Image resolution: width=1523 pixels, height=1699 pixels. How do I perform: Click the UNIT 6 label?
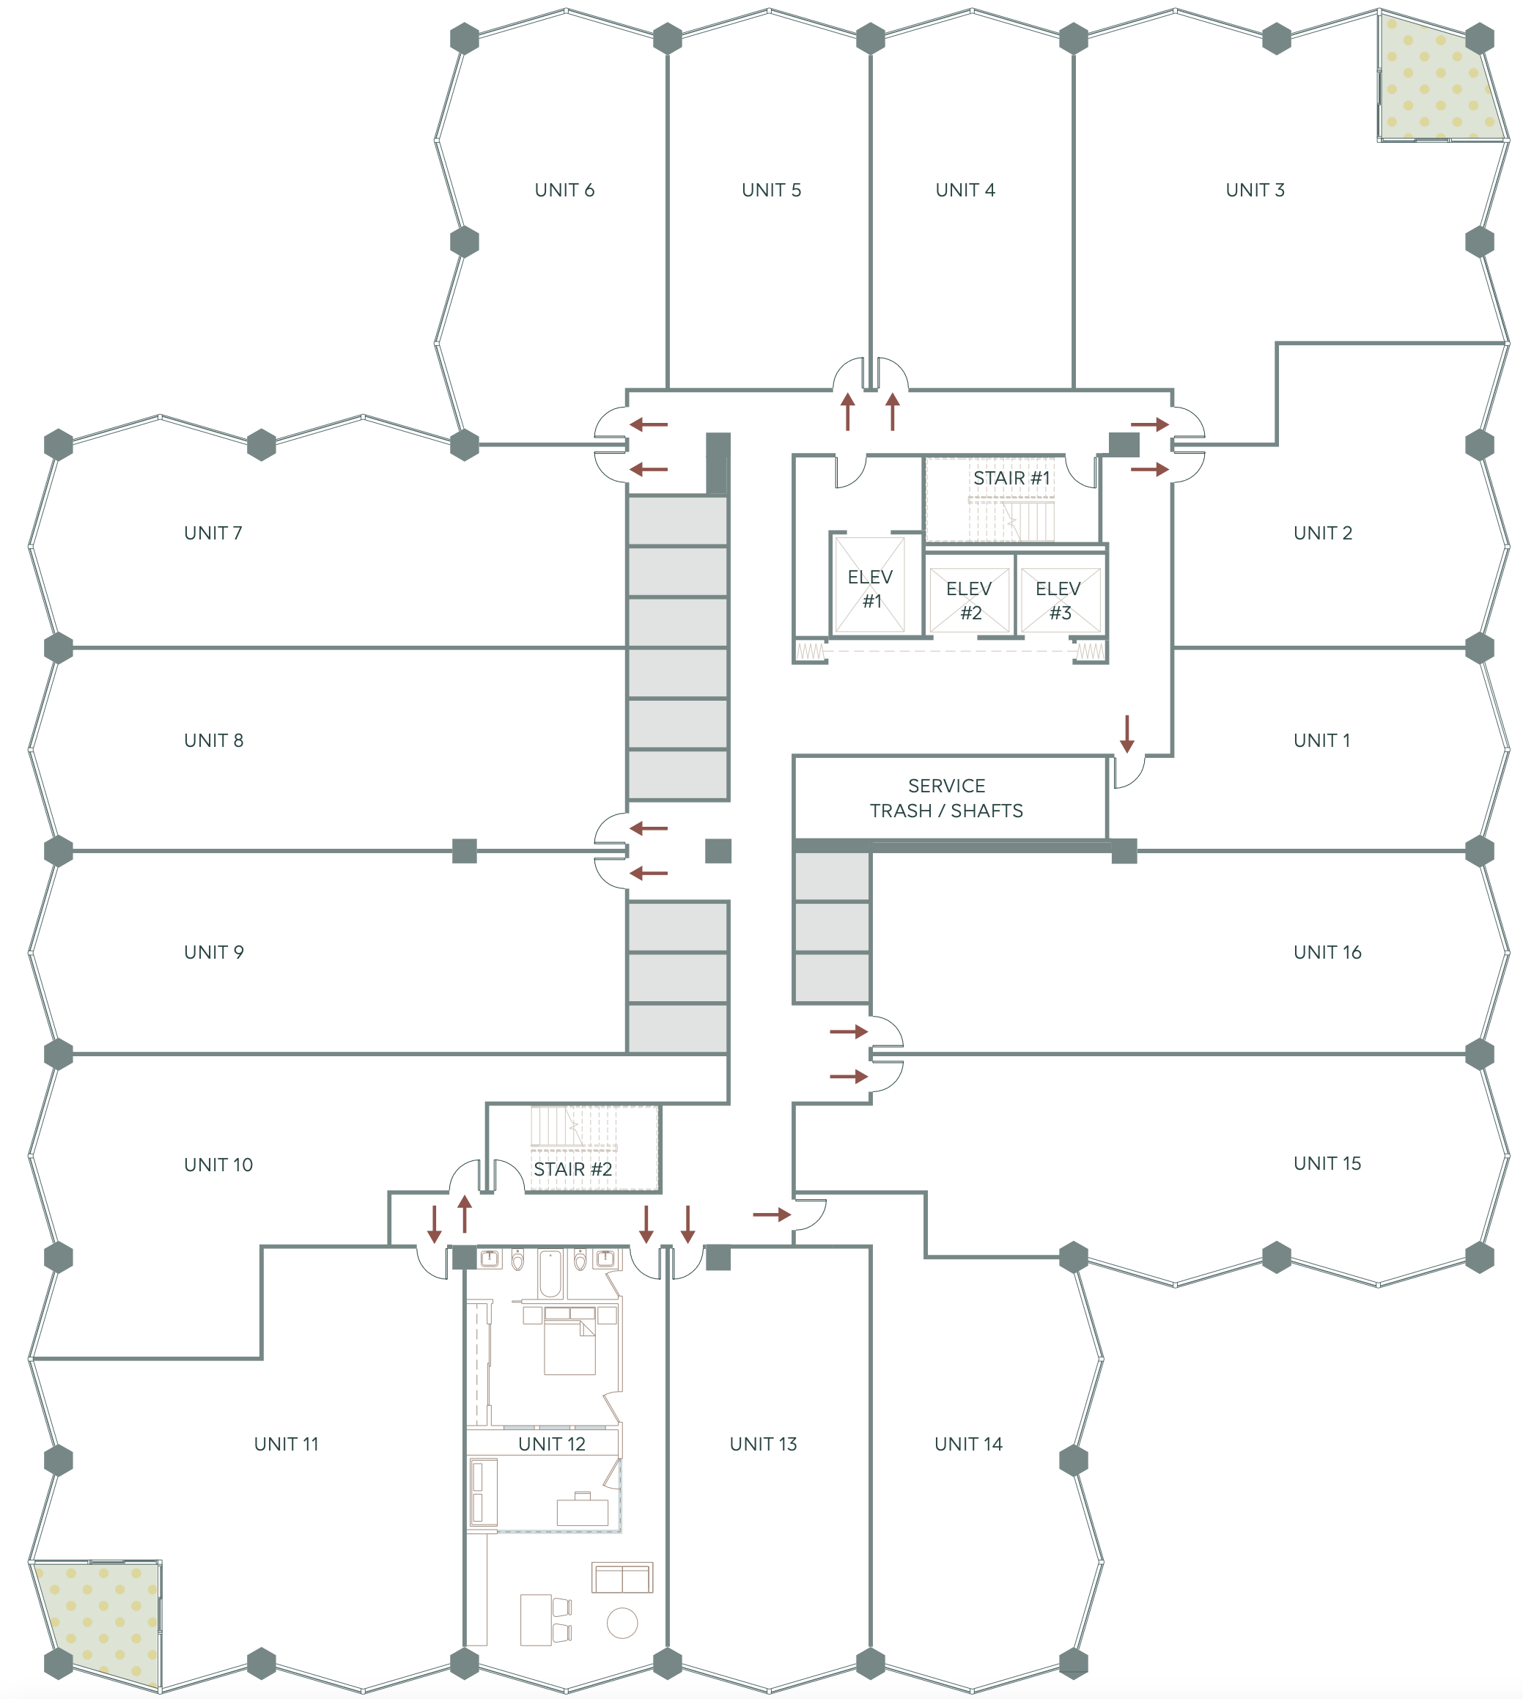[564, 190]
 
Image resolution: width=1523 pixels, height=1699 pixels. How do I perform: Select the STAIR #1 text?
[1011, 478]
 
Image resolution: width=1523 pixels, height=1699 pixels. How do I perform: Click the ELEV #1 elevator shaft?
[870, 584]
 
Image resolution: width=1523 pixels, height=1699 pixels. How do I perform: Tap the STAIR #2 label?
[573, 1169]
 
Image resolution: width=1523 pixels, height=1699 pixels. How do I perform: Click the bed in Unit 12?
[570, 1341]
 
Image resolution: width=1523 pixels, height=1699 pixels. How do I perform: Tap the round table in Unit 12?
[622, 1623]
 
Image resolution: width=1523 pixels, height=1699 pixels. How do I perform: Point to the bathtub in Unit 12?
[550, 1273]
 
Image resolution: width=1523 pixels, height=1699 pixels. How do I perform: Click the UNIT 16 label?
[1327, 951]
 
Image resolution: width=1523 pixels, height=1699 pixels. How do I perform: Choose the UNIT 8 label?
[213, 740]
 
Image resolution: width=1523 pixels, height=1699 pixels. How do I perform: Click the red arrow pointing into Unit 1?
[1127, 734]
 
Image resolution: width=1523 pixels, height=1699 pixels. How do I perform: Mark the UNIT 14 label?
[968, 1444]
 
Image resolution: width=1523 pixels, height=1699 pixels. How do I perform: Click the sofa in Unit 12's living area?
[622, 1577]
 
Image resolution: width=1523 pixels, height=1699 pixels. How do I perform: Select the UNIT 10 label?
[218, 1164]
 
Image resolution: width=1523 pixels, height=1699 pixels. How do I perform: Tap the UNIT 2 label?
[1322, 533]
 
